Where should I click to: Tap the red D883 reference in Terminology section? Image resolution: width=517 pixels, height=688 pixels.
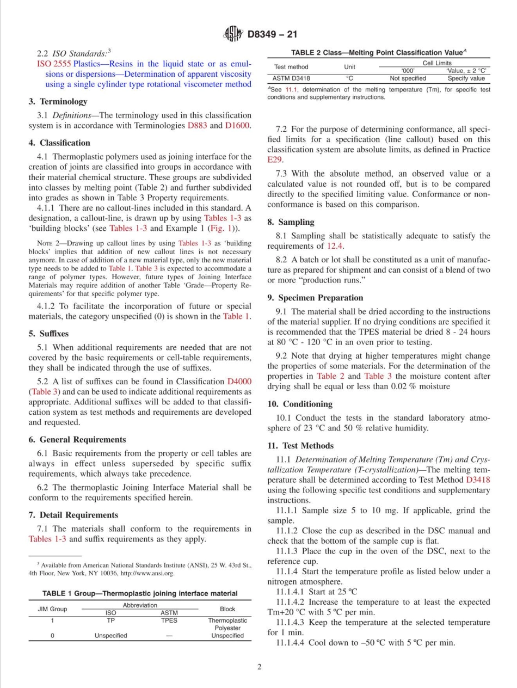pos(197,126)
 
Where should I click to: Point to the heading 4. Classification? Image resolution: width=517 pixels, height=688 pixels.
pos(59,143)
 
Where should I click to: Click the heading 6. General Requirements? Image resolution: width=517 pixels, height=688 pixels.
pos(77,439)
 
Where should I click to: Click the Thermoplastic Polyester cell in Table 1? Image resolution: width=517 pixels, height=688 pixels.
pos(227,624)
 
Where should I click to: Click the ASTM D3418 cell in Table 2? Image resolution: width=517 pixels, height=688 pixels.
pos(291,78)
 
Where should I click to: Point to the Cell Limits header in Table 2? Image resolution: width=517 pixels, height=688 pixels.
pos(436,63)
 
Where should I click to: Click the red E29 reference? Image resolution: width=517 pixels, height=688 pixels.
pos(276,160)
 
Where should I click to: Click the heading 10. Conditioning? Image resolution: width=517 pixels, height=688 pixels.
pos(299,404)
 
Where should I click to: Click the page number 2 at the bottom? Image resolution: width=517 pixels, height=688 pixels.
pos(259,667)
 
